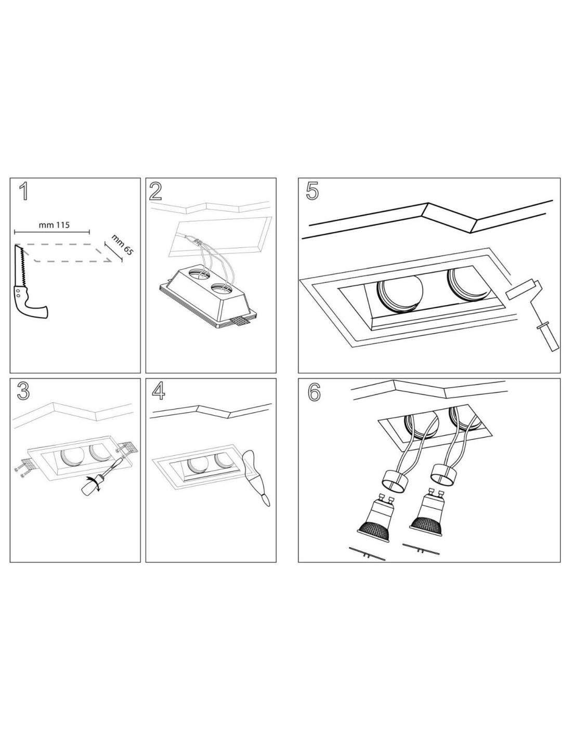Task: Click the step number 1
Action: click(x=23, y=191)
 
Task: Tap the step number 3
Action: click(x=23, y=391)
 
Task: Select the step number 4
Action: click(x=159, y=391)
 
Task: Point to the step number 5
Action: click(x=312, y=191)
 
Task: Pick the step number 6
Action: click(x=314, y=392)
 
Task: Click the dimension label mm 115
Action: click(x=54, y=225)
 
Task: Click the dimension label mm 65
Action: click(x=122, y=244)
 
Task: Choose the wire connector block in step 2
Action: click(x=198, y=243)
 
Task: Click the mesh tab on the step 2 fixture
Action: click(x=241, y=320)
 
